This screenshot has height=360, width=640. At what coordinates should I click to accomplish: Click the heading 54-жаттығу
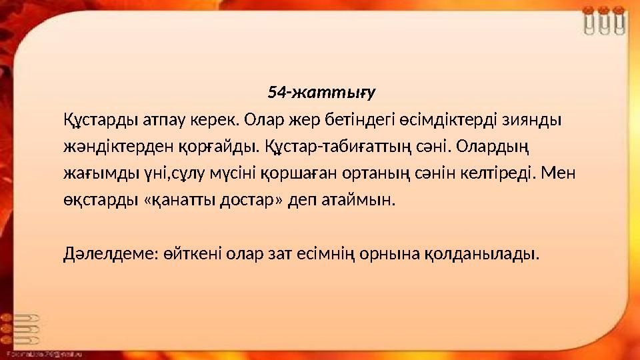323,91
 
